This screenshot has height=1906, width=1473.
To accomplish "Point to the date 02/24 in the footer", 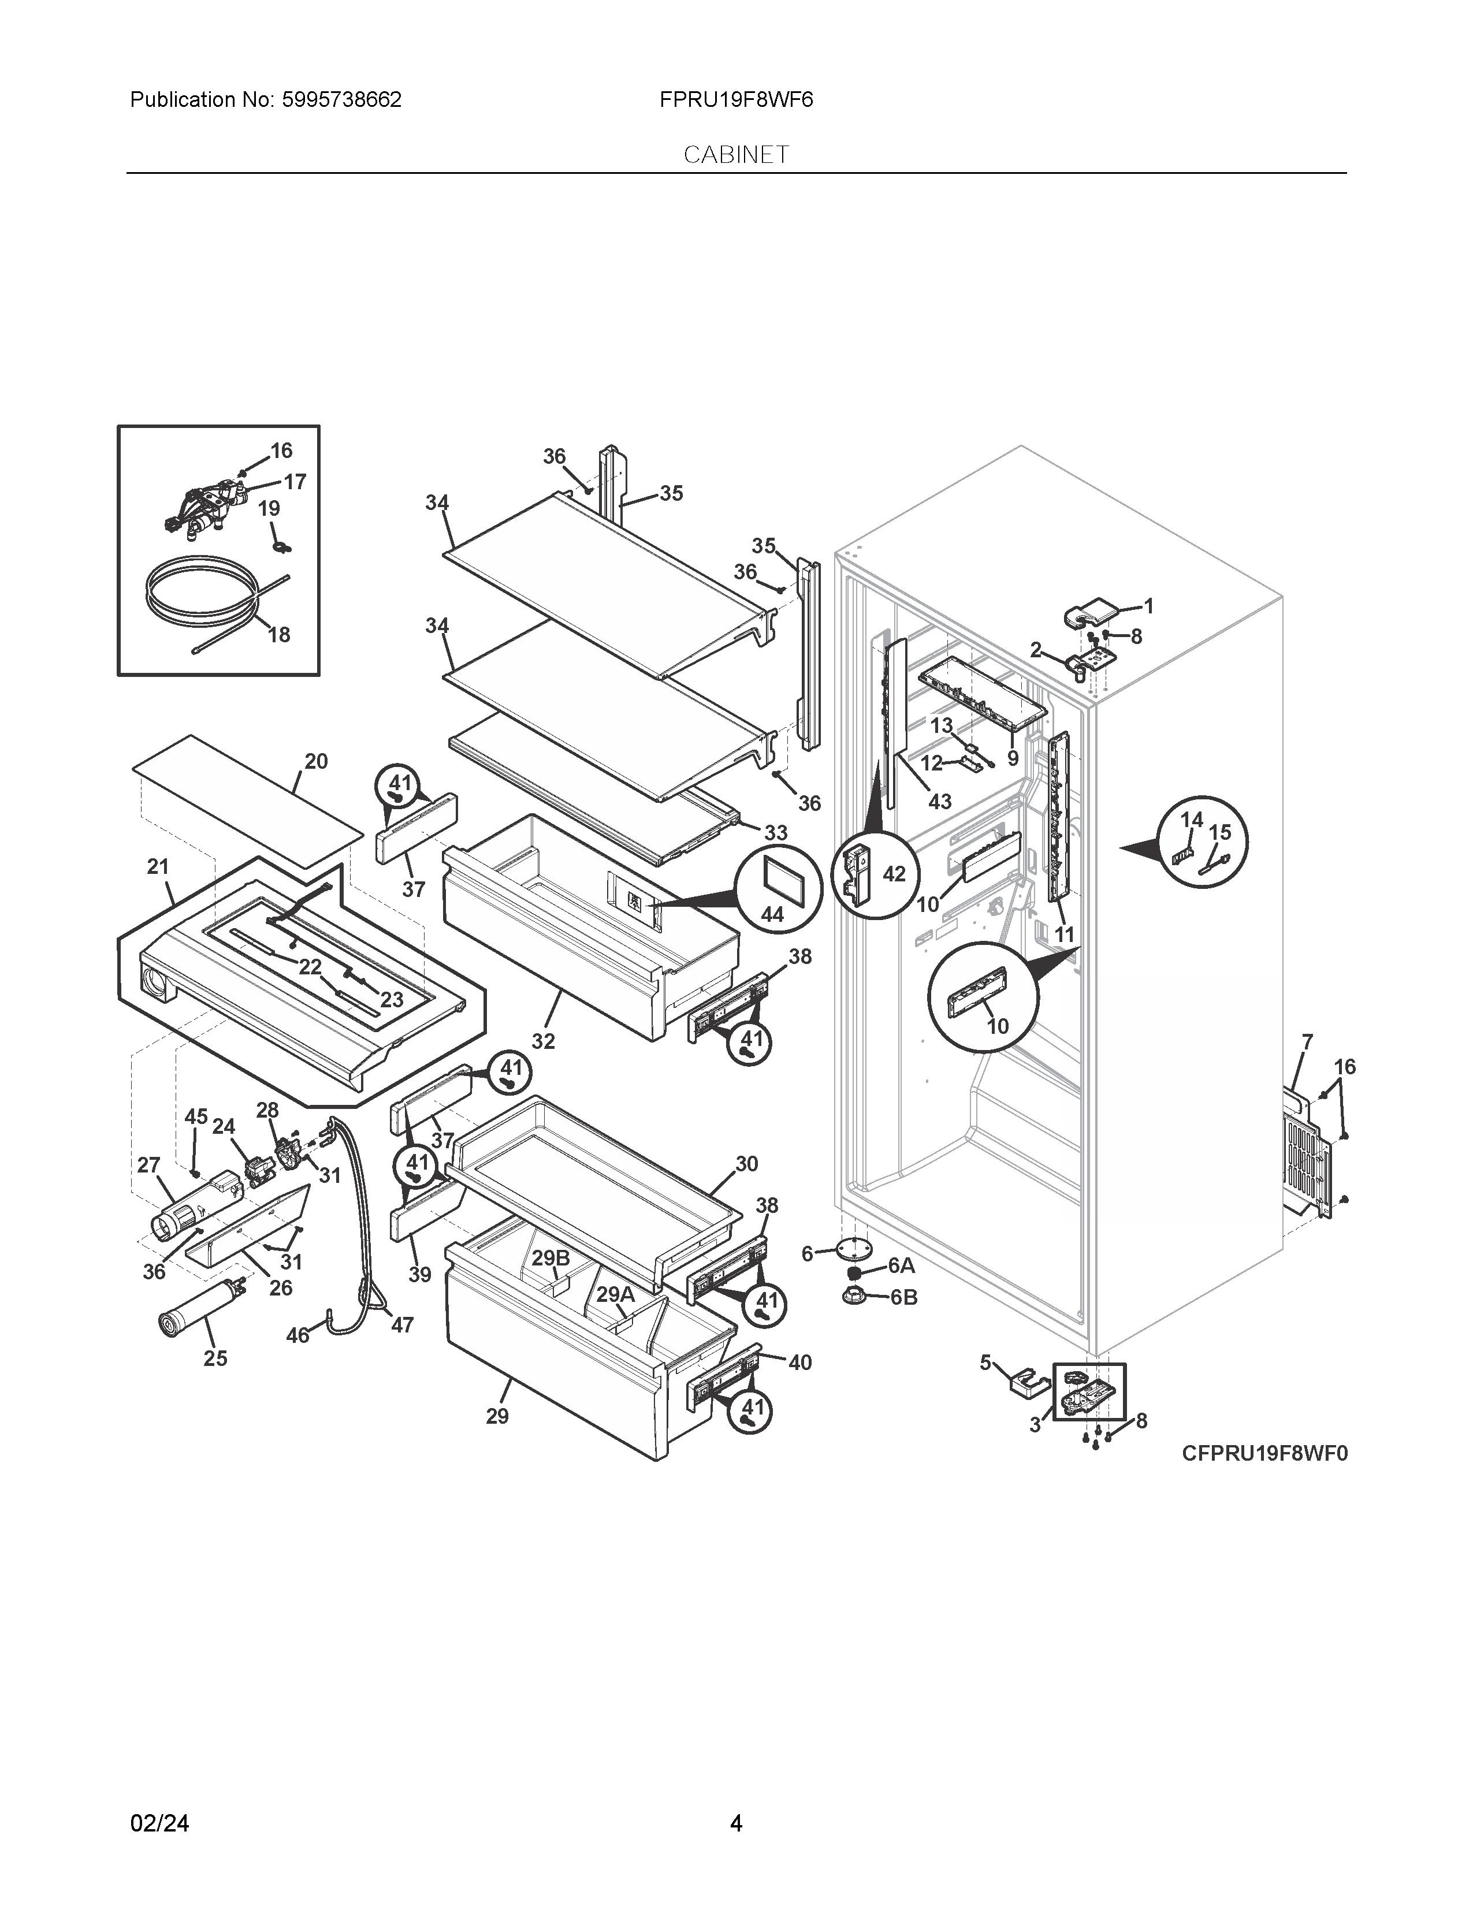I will tap(159, 1799).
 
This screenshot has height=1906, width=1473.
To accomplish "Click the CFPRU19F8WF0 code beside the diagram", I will tap(1264, 1453).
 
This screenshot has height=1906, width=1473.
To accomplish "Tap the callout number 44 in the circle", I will tap(772, 915).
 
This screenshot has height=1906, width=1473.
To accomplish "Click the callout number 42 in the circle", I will tap(894, 873).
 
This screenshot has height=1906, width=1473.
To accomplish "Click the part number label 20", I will tap(316, 761).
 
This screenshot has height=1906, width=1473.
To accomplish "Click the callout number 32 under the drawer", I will tap(543, 1041).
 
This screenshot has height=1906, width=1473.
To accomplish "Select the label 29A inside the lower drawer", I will tap(615, 1295).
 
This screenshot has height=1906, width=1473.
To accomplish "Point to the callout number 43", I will tap(939, 801).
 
